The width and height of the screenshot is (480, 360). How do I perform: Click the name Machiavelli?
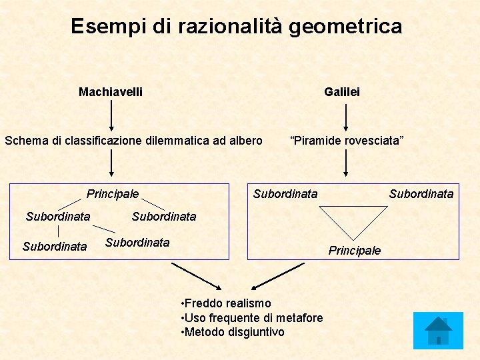[110, 92]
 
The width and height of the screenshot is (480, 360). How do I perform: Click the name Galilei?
[341, 92]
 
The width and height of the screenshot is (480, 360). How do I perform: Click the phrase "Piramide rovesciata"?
[346, 141]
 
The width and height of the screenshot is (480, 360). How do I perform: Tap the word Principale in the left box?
[113, 194]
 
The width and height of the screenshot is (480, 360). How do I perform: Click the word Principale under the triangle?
[354, 251]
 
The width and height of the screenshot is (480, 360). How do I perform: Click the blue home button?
[438, 331]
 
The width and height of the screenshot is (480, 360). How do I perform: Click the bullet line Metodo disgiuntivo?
[233, 332]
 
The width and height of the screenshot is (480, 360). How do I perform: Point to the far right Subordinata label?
[421, 194]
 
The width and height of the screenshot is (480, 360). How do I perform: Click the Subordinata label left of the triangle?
[285, 194]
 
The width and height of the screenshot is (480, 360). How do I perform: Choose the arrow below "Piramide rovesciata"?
[345, 163]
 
